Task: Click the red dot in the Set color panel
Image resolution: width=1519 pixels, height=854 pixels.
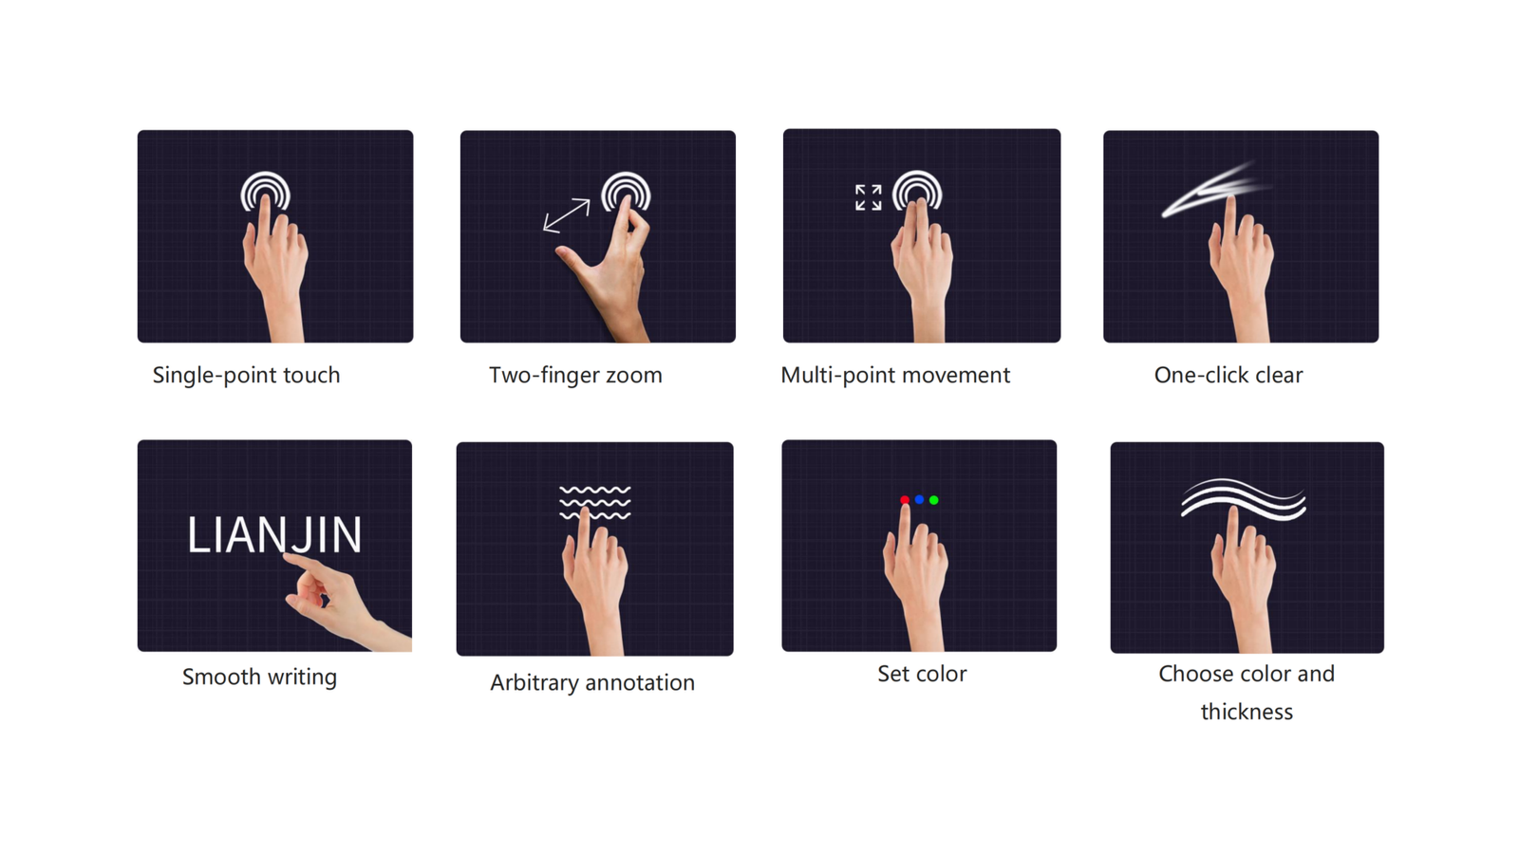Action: pyautogui.click(x=904, y=500)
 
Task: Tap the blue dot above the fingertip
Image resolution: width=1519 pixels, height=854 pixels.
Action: pyautogui.click(x=919, y=499)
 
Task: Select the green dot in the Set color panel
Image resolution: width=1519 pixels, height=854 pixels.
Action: pyautogui.click(x=934, y=500)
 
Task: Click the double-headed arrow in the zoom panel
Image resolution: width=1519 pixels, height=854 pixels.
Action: pyautogui.click(x=566, y=215)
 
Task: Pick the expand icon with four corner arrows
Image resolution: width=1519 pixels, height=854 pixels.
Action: pyautogui.click(x=868, y=197)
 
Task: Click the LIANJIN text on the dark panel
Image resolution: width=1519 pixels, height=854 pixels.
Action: pyautogui.click(x=274, y=535)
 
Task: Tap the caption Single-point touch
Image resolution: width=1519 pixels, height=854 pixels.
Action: pyautogui.click(x=246, y=375)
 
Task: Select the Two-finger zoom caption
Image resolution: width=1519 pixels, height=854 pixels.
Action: pyautogui.click(x=575, y=375)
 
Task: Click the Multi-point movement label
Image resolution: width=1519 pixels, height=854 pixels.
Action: pyautogui.click(x=895, y=375)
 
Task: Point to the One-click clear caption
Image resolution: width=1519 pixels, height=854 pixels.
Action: pyautogui.click(x=1228, y=375)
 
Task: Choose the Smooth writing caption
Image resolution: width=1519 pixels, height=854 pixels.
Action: pyautogui.click(x=260, y=678)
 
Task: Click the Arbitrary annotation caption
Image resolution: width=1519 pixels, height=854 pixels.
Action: pyautogui.click(x=592, y=682)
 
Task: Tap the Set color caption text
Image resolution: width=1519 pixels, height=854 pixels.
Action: pyautogui.click(x=922, y=674)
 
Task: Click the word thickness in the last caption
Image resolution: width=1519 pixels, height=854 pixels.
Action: pyautogui.click(x=1247, y=712)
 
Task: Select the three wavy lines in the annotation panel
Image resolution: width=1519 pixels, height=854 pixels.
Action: pyautogui.click(x=594, y=502)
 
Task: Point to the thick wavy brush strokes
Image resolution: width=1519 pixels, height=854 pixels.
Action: pyautogui.click(x=1244, y=500)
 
